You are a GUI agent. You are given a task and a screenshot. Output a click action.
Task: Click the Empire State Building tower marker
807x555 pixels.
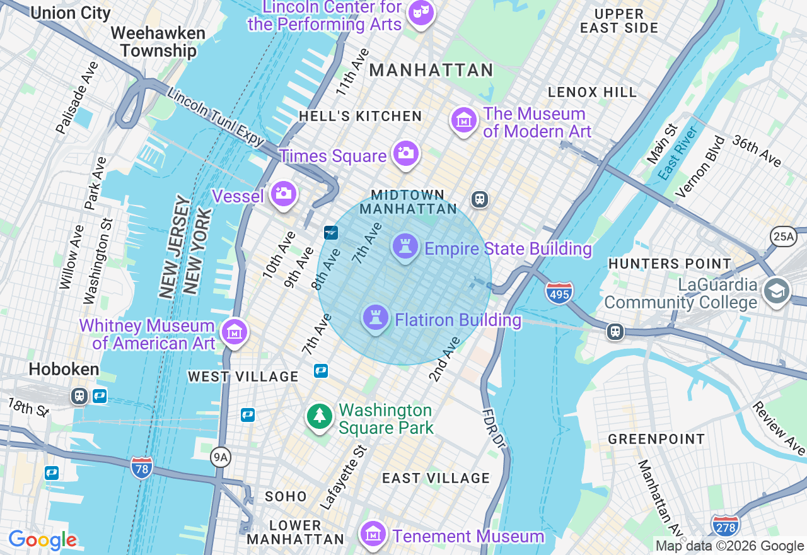tap(405, 246)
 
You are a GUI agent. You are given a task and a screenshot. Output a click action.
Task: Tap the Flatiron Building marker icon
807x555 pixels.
tap(375, 318)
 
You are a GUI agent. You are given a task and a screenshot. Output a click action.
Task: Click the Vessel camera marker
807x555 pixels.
tap(283, 194)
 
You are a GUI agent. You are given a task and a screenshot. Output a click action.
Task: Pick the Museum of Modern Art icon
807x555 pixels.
tap(464, 119)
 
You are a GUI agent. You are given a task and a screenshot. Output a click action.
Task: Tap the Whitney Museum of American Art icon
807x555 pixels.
tap(235, 331)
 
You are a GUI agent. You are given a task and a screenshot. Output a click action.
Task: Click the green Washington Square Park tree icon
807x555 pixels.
tap(320, 416)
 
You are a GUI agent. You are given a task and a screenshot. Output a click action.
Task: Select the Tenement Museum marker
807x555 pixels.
tap(373, 534)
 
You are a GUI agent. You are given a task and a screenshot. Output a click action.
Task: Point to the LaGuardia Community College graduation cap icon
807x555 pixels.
tap(776, 291)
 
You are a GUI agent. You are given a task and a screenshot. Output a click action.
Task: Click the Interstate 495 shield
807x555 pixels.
tap(559, 293)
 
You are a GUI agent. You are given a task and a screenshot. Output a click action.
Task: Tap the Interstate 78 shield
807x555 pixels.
tap(142, 468)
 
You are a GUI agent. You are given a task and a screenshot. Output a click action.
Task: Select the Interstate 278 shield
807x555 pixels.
tap(725, 525)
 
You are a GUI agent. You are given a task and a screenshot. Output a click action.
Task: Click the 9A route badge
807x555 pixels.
tap(220, 457)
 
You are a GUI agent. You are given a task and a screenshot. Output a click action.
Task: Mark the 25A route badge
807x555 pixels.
tap(784, 237)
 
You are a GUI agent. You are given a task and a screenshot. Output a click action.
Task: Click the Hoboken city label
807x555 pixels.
tap(64, 370)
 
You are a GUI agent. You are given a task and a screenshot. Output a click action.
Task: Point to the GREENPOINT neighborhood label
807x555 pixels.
tap(656, 439)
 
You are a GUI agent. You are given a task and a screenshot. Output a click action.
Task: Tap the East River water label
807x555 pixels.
tap(678, 153)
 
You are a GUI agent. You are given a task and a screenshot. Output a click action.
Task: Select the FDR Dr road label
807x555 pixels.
tap(494, 429)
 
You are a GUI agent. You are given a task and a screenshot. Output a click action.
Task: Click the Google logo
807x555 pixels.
tap(42, 540)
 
